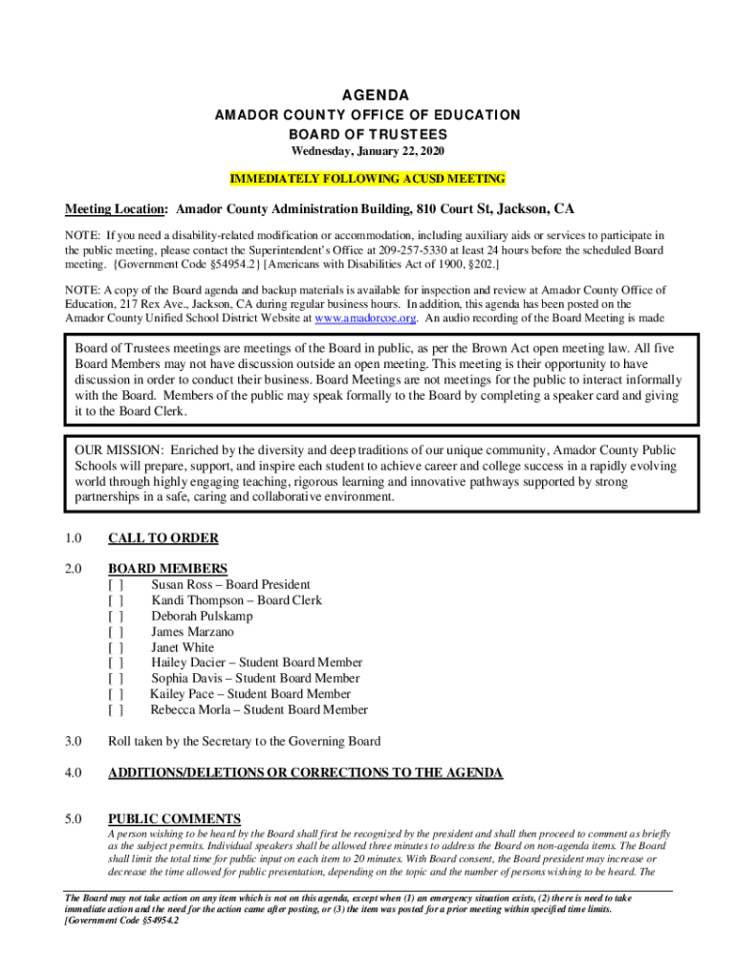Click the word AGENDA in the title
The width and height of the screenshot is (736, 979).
[368, 96]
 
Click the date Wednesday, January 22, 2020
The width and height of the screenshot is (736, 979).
[368, 152]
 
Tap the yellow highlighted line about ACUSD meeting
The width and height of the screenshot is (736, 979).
[368, 179]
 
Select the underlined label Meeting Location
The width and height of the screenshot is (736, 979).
[116, 209]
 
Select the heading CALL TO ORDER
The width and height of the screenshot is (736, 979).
[163, 538]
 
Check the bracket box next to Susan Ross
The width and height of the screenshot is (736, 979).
[116, 585]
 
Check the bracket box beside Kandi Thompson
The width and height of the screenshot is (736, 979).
[116, 600]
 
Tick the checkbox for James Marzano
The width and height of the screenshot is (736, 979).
[116, 632]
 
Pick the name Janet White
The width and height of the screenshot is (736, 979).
[183, 647]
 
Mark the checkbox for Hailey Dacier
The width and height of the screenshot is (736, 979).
[116, 663]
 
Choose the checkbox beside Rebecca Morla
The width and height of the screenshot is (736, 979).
[116, 710]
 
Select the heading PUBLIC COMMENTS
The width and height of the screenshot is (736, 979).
[174, 818]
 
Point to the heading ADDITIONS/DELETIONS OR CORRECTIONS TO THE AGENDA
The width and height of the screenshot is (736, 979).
[305, 772]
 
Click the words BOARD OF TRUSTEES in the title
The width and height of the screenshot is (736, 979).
[368, 134]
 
